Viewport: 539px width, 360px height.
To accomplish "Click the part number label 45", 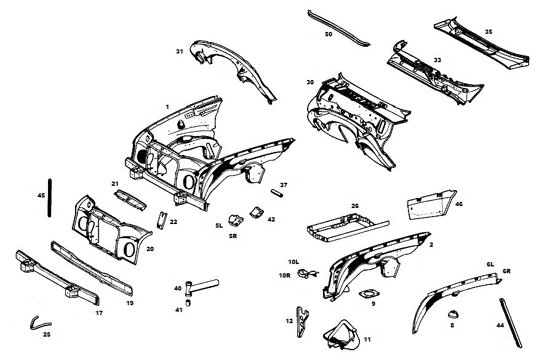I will pos(41,196).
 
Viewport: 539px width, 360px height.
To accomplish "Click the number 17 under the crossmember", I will pos(99,313).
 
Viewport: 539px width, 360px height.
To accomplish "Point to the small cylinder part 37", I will pos(277,194).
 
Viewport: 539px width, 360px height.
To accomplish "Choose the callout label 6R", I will pos(507,271).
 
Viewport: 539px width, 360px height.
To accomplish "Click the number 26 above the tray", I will pos(354,206).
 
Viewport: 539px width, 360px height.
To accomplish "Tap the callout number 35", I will pos(488,31).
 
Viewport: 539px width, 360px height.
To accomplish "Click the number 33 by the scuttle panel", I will pos(437,60).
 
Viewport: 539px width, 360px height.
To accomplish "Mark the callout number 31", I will pos(180,52).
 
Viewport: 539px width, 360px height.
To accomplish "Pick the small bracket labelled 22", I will pos(162,219).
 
